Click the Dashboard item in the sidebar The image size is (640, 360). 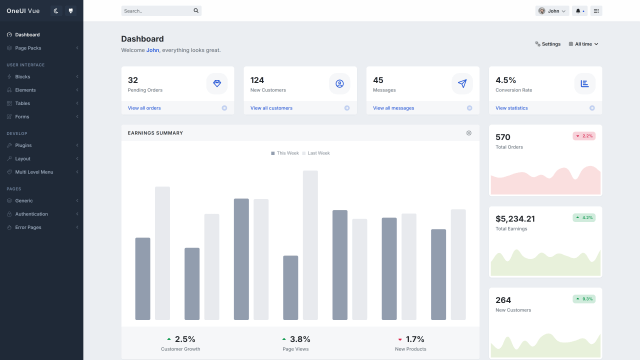pos(27,34)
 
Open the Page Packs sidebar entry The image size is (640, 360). pos(28,47)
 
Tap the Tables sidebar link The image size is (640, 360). pos(22,103)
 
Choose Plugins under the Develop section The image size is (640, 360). pos(23,145)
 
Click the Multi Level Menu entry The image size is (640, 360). pos(34,172)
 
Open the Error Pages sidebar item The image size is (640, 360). pos(29,227)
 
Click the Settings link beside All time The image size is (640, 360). pos(548,44)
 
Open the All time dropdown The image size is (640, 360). pos(583,44)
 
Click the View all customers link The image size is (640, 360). pos(272,108)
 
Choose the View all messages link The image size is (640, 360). pos(393,108)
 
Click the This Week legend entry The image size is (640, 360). pos(285,153)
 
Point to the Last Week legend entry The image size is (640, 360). pos(317,153)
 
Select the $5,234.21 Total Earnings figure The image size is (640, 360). pos(515,218)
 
